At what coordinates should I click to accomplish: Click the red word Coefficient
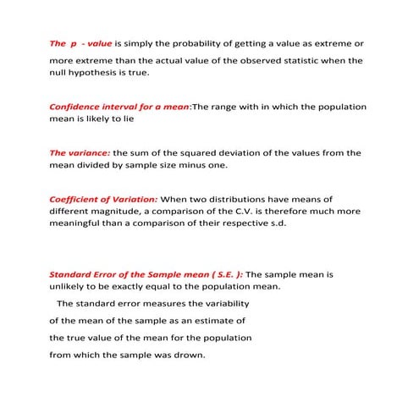(78, 198)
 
